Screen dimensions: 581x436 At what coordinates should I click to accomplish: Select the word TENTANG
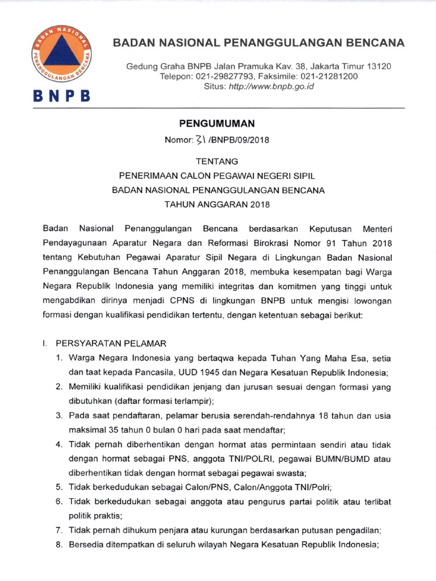click(x=217, y=161)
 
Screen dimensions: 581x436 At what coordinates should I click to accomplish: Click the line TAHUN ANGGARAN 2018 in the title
click(x=217, y=204)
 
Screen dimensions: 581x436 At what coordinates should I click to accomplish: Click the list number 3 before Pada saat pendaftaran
click(x=58, y=416)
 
